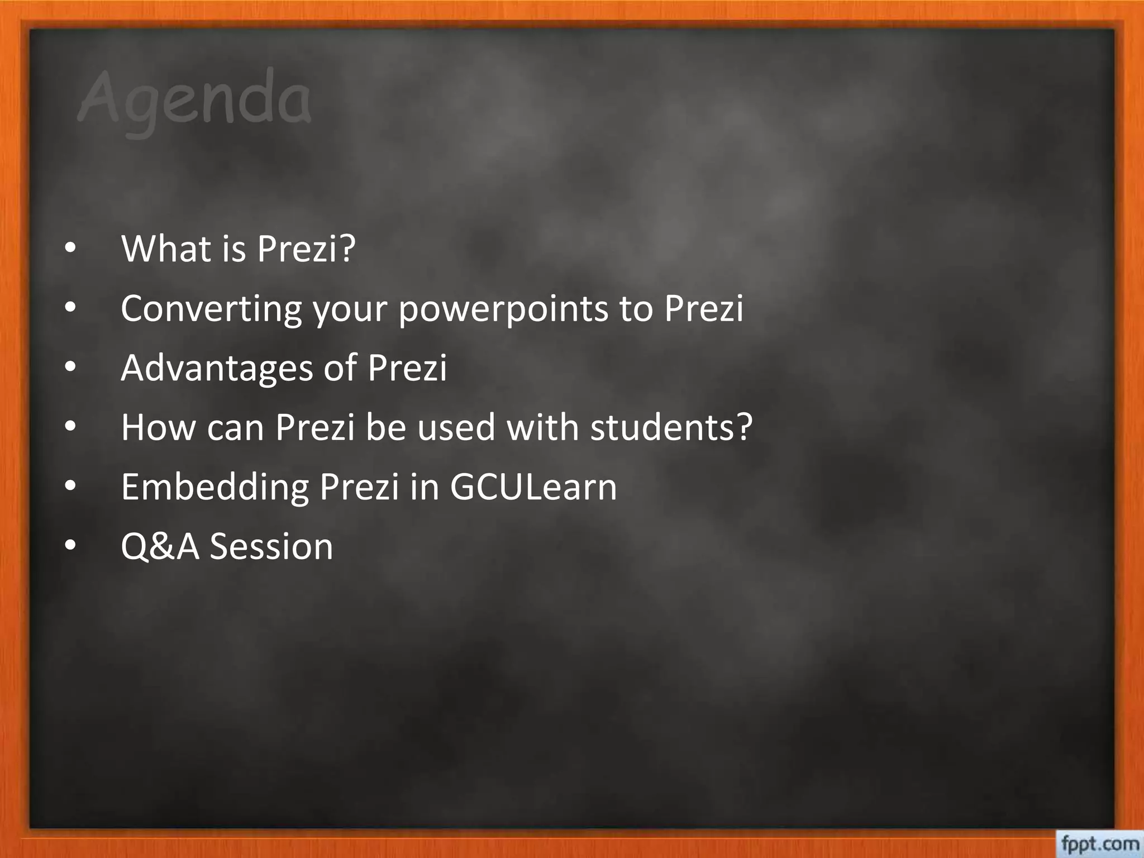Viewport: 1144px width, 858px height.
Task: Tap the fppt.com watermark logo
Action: (1100, 843)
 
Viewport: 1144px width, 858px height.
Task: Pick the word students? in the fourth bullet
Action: (671, 427)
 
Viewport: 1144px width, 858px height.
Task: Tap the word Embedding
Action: (214, 487)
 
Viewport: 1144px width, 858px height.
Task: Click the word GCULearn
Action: (533, 487)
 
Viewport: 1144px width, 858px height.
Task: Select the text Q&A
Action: (160, 546)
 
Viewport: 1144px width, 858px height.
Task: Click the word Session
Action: (271, 546)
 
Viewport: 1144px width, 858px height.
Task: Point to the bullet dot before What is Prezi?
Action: (69, 250)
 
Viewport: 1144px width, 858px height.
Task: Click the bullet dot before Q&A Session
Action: (69, 547)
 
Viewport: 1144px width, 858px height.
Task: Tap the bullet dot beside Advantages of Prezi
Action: (69, 369)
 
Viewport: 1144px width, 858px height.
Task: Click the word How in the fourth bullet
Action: (157, 427)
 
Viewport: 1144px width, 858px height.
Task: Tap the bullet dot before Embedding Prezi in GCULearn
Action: (69, 488)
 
